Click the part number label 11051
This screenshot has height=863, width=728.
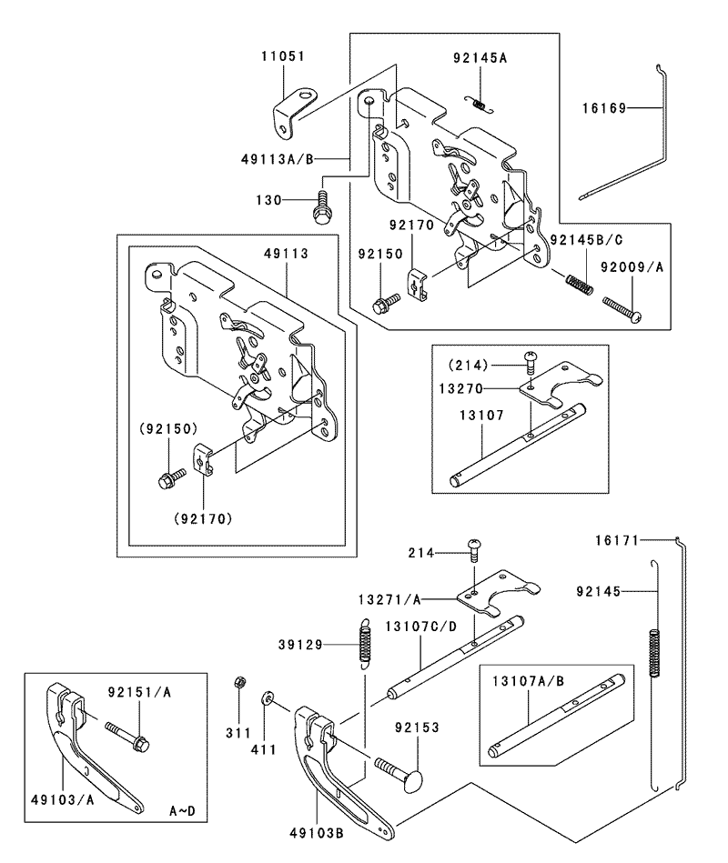(282, 56)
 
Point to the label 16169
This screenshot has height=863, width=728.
(604, 108)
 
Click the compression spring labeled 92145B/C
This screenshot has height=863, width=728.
(580, 282)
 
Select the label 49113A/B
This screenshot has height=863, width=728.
(277, 159)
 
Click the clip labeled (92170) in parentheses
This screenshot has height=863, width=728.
(203, 460)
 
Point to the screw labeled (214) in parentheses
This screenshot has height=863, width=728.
(531, 363)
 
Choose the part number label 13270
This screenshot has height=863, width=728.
(460, 388)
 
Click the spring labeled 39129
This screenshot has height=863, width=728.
(365, 643)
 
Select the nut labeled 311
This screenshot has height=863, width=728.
(239, 682)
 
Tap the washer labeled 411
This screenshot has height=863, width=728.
(267, 698)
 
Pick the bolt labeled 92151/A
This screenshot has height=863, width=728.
(127, 737)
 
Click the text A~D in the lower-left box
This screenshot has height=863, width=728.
(182, 811)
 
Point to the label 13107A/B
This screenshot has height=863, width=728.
(528, 681)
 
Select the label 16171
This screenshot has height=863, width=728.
(617, 540)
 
